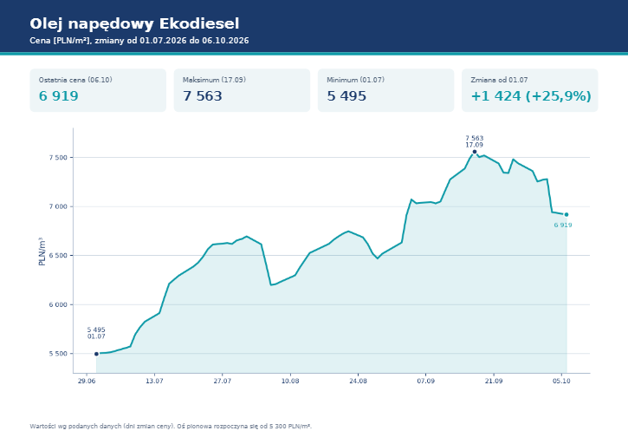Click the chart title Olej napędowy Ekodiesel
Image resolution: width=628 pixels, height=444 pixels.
(134, 24)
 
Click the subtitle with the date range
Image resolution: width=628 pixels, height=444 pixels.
(139, 41)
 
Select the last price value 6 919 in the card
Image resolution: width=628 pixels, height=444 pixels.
(59, 96)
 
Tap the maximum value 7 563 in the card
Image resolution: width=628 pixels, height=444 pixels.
(202, 96)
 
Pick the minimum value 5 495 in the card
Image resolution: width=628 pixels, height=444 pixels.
(346, 96)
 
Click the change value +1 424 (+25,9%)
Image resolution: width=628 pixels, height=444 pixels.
(531, 96)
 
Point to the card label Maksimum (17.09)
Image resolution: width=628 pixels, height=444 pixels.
(214, 80)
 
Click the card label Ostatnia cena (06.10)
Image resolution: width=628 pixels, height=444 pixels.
(75, 80)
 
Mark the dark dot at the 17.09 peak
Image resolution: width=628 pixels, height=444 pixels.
(475, 152)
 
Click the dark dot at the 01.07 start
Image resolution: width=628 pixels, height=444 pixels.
(96, 354)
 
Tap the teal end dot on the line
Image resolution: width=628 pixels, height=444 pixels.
(566, 214)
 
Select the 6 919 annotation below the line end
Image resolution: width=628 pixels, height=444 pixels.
(563, 225)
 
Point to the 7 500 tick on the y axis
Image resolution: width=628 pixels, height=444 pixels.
(59, 158)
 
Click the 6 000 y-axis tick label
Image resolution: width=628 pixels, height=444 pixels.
(59, 305)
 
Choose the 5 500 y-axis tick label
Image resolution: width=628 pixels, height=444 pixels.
(59, 354)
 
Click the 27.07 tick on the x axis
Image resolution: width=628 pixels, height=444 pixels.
(223, 381)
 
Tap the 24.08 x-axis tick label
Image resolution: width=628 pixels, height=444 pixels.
(358, 381)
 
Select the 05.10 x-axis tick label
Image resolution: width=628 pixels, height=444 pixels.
(561, 381)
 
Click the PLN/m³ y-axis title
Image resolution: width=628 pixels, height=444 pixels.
(42, 251)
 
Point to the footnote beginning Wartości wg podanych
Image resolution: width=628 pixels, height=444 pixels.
(171, 426)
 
